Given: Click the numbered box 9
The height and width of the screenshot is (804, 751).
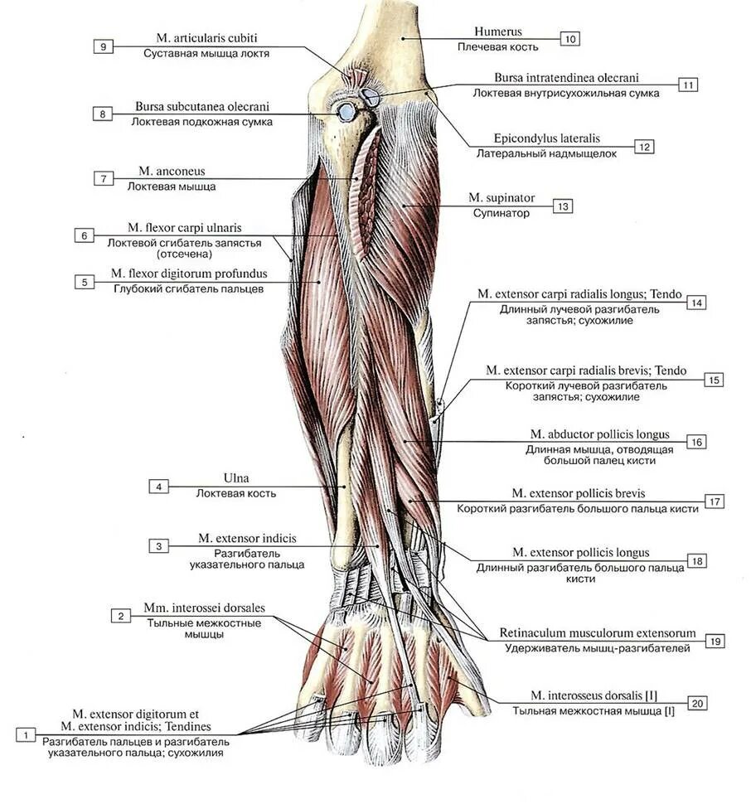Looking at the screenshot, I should point(103,46).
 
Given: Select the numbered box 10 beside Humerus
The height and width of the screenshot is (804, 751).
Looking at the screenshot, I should point(569,38).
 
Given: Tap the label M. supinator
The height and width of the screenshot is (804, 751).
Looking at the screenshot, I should point(501,198).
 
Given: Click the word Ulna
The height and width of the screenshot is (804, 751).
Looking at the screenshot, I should point(236,478).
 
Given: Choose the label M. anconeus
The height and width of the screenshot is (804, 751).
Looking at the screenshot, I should point(172,172).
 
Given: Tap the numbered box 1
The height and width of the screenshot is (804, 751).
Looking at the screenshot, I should point(27,734).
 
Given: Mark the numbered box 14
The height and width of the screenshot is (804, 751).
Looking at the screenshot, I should point(696,303).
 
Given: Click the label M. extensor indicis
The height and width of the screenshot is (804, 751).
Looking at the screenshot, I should point(247,538).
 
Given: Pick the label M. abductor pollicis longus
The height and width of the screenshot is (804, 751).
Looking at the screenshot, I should point(600,434).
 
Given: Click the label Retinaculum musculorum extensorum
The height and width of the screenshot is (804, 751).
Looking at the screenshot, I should point(598,633).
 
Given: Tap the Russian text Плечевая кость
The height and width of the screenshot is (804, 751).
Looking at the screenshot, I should point(498,47).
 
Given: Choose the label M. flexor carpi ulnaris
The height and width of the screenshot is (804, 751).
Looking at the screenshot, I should point(185,227).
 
